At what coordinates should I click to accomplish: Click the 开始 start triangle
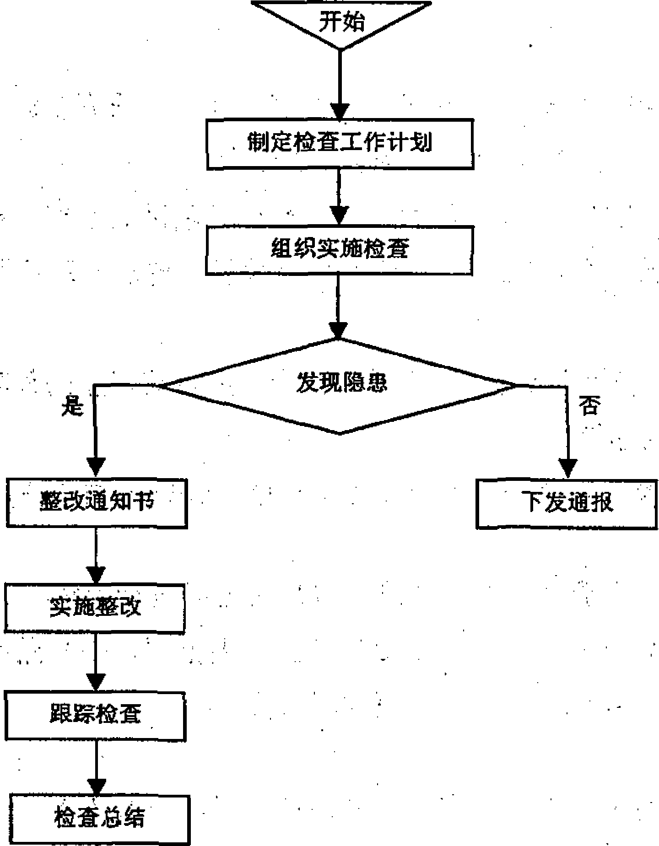tap(341, 23)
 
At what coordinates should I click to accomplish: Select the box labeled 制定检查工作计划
tap(340, 144)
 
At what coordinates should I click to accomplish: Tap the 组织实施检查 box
tap(339, 250)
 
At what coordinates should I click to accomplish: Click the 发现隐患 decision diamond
tap(340, 385)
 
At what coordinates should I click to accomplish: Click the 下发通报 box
tap(567, 504)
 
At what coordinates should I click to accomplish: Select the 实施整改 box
tap(95, 609)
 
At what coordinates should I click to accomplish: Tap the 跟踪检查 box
tap(95, 716)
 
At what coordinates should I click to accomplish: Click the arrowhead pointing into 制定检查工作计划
tap(340, 112)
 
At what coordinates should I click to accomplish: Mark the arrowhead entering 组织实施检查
tap(339, 216)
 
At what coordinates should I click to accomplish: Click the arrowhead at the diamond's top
tap(339, 330)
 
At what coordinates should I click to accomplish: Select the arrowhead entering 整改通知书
tap(96, 469)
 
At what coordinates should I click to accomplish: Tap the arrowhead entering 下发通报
tap(568, 469)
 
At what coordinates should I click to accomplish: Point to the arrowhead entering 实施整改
tap(96, 575)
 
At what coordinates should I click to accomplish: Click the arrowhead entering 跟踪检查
tap(95, 683)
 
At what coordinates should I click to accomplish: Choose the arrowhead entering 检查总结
tap(96, 787)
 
